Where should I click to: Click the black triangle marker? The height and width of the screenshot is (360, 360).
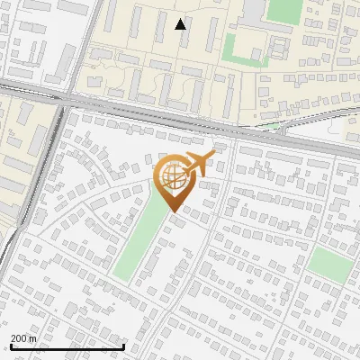click(x=181, y=24)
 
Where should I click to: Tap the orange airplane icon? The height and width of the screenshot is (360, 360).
click(x=199, y=166)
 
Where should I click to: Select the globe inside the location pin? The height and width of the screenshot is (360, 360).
click(x=170, y=178)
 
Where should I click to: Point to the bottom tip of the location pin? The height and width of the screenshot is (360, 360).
click(x=171, y=213)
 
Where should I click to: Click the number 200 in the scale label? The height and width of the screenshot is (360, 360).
click(x=20, y=338)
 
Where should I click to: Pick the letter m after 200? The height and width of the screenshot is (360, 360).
click(x=34, y=338)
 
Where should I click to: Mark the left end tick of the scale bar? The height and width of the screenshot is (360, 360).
click(x=11, y=346)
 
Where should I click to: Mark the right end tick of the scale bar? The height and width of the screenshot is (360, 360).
click(x=123, y=346)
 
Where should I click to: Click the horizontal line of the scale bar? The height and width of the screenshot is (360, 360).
click(x=67, y=346)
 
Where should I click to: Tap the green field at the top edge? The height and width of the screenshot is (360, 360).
click(x=285, y=10)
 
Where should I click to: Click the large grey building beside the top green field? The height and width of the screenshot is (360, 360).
click(x=253, y=9)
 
